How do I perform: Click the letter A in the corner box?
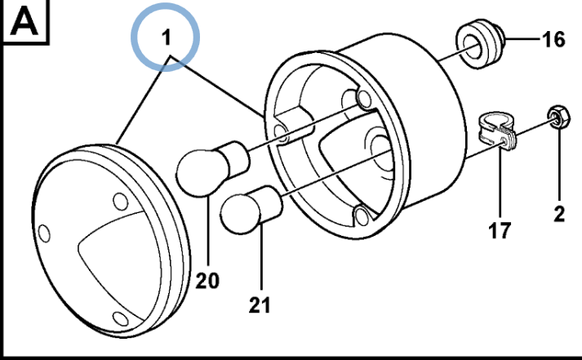coord(24,22)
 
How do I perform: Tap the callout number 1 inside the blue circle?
coord(167,38)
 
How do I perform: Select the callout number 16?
coord(553,39)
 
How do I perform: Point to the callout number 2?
coord(559,214)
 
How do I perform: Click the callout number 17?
coord(500,230)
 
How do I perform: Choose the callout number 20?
coord(207,281)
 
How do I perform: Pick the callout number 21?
coord(260,305)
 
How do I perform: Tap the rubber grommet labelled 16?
coord(479,44)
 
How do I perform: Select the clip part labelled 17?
coord(495,131)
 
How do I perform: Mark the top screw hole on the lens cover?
coord(121,202)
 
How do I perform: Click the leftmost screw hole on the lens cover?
coord(44,233)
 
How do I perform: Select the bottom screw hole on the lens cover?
coord(121,319)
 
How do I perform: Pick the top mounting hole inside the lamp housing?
coord(363,98)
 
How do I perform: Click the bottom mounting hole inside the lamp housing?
coord(361,216)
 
